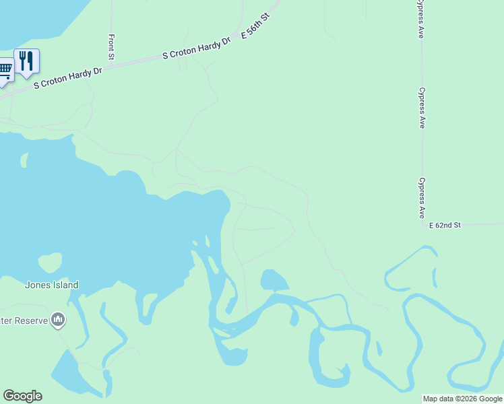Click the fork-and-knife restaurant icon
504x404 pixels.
pyautogui.click(x=26, y=61)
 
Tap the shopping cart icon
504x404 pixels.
pyautogui.click(x=4, y=68)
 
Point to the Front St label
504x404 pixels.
pyautogui.click(x=112, y=48)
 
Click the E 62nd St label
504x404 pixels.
pyautogui.click(x=445, y=225)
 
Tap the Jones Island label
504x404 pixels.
pyautogui.click(x=52, y=285)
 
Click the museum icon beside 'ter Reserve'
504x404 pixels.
pyautogui.click(x=58, y=320)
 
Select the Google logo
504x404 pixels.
pyautogui.click(x=22, y=396)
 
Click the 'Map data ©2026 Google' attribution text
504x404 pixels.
pyautogui.click(x=463, y=399)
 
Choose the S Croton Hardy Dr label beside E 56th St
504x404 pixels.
pyautogui.click(x=196, y=48)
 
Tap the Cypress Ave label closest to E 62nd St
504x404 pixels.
pyautogui.click(x=421, y=198)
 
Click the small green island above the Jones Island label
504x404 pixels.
pyautogui.click(x=49, y=261)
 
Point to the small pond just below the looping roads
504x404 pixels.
pyautogui.click(x=274, y=279)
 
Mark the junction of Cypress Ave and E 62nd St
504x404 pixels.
pyautogui.click(x=422, y=224)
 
